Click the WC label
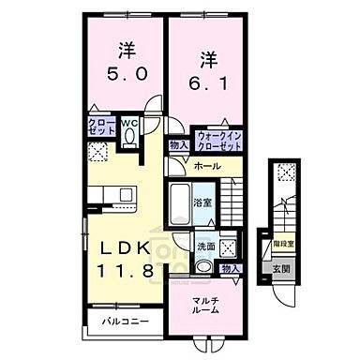[132, 121]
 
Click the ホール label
[208, 166]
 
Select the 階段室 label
[284, 240]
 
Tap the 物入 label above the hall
[178, 145]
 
